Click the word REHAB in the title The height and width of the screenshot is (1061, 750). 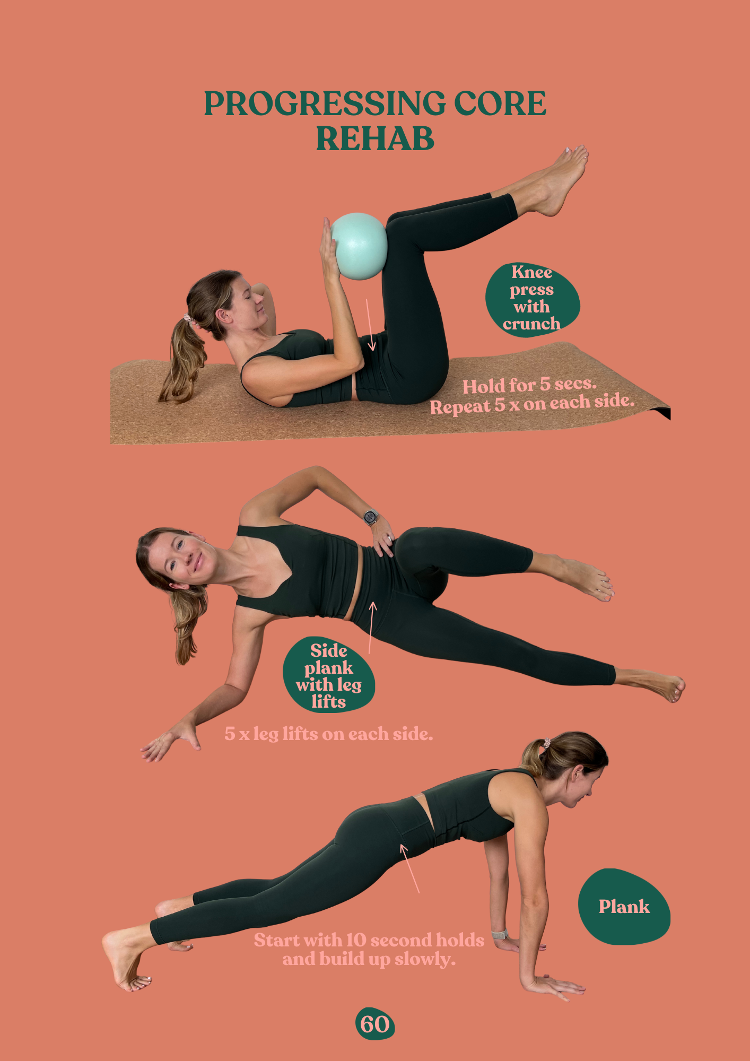pyautogui.click(x=375, y=139)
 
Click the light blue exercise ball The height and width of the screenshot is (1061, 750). pyautogui.click(x=359, y=246)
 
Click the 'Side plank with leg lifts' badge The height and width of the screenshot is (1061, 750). pyautogui.click(x=329, y=675)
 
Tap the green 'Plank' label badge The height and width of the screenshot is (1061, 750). pyautogui.click(x=624, y=907)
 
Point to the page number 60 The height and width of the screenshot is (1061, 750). pyautogui.click(x=375, y=1024)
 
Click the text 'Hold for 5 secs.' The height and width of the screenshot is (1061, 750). pyautogui.click(x=529, y=385)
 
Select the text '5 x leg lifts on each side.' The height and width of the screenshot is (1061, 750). pyautogui.click(x=329, y=734)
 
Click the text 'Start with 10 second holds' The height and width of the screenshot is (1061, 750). pyautogui.click(x=369, y=940)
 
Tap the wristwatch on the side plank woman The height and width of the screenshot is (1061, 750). pyautogui.click(x=371, y=516)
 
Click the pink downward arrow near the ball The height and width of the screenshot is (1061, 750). pyautogui.click(x=369, y=324)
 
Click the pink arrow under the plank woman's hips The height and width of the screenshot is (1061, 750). pyautogui.click(x=409, y=868)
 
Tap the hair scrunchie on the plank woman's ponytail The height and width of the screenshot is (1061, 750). pyautogui.click(x=546, y=742)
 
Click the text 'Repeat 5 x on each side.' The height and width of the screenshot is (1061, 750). pyautogui.click(x=532, y=404)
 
